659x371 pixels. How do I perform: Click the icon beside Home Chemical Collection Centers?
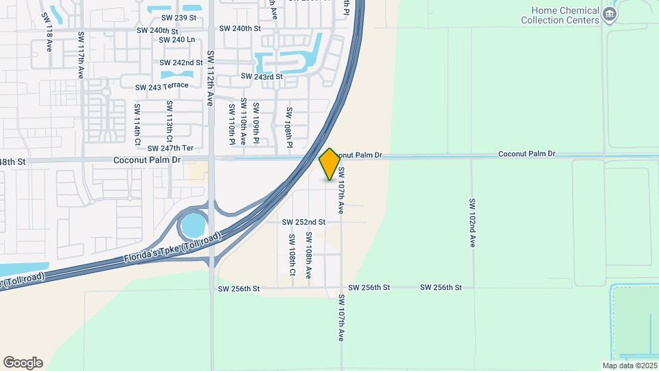[x=609, y=14]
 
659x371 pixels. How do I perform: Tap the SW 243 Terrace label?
[x=161, y=87]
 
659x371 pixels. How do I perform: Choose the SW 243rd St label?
[x=262, y=77]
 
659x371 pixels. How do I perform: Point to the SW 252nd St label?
[x=303, y=222]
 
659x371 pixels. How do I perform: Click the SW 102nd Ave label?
[x=472, y=223]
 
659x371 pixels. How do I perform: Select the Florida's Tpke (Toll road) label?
[x=173, y=248]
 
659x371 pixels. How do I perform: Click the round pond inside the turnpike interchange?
[x=194, y=224]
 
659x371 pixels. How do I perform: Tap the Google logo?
[x=23, y=363]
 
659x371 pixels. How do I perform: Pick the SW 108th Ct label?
[x=292, y=254]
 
